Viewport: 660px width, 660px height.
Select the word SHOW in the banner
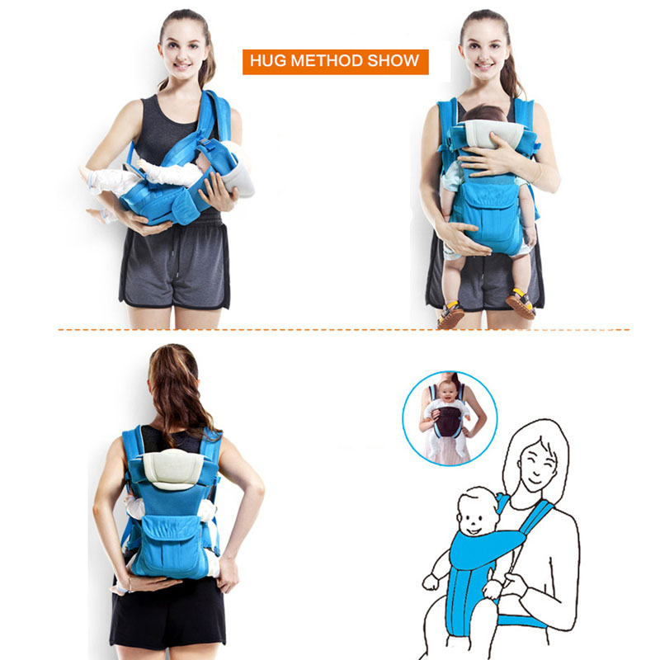[x=394, y=60]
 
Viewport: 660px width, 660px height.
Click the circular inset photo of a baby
[x=450, y=418]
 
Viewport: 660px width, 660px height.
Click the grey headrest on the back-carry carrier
[x=172, y=468]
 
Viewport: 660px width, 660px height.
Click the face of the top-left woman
[x=182, y=53]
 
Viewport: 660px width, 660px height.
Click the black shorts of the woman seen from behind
[x=168, y=612]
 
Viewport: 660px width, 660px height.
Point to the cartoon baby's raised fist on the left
[x=430, y=582]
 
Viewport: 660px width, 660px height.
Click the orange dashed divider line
[x=344, y=329]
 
